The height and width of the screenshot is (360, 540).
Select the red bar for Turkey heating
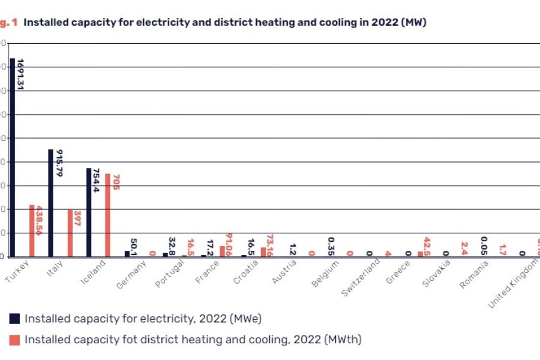[x=32, y=231]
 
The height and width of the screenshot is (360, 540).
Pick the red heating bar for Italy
[x=70, y=233]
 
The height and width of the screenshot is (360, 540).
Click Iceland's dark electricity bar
[x=89, y=212]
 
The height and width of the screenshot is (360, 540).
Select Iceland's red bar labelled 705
[x=108, y=215]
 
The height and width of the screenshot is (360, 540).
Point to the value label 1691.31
[x=20, y=74]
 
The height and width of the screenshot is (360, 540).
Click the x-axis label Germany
[x=131, y=275]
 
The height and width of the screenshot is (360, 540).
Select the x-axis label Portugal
[x=169, y=275]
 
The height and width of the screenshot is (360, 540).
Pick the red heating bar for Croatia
[x=263, y=252]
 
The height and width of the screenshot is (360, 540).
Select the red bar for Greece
[x=420, y=254]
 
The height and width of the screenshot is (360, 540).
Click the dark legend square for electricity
[x=15, y=319]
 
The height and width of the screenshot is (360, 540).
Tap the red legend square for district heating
[x=15, y=340]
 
